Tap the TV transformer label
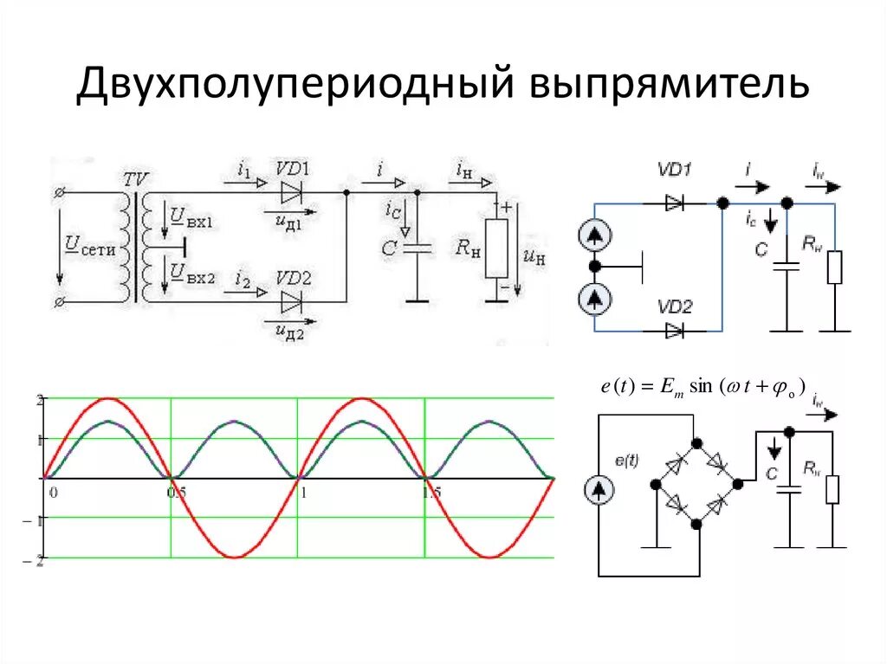[x=136, y=180]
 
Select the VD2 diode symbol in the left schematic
[x=292, y=302]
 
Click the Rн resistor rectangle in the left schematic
[x=496, y=247]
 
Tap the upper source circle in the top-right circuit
[x=594, y=235]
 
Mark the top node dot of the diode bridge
[x=696, y=443]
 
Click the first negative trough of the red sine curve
[x=234, y=557]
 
